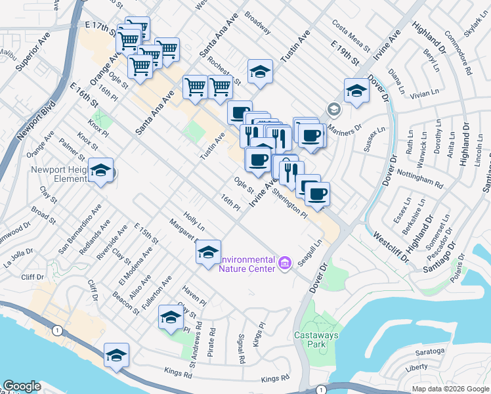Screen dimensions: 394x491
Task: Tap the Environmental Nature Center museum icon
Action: pyautogui.click(x=284, y=263)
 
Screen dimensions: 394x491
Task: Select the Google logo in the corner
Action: pyautogui.click(x=22, y=386)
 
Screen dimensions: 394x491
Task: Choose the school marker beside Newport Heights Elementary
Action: pyautogui.click(x=100, y=171)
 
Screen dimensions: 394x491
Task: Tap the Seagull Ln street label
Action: pyautogui.click(x=310, y=252)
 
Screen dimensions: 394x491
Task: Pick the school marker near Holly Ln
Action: pyautogui.click(x=208, y=252)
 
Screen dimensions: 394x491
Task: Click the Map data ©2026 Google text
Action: pyautogui.click(x=450, y=388)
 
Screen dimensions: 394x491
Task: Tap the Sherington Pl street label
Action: pyautogui.click(x=289, y=204)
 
